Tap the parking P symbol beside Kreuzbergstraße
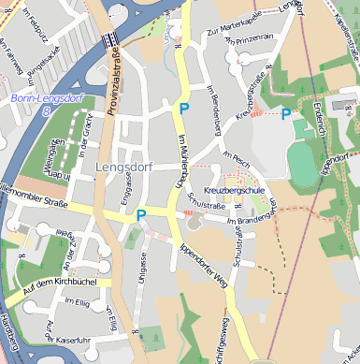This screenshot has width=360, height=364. point(286,114)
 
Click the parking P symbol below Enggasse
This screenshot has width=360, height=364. point(141,215)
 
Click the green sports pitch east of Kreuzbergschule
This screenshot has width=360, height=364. point(302,163)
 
